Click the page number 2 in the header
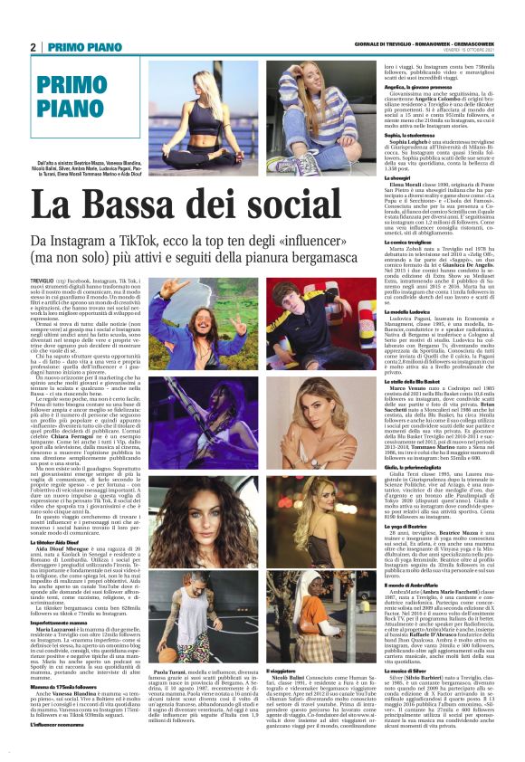tap(33, 46)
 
